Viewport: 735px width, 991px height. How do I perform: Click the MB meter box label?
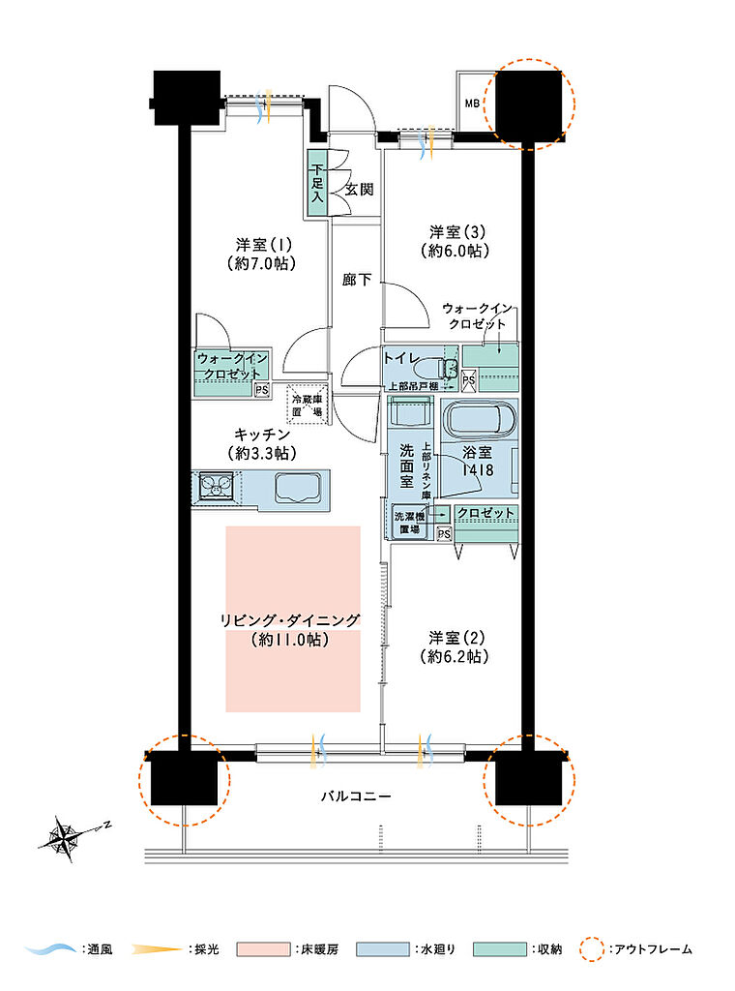tap(472, 103)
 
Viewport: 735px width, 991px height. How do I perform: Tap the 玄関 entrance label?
tap(360, 189)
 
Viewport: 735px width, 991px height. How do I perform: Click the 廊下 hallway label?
tap(357, 280)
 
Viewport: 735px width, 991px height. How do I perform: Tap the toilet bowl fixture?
tap(443, 367)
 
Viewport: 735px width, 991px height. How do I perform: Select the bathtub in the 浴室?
tap(480, 419)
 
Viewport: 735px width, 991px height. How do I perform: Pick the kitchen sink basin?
tap(298, 488)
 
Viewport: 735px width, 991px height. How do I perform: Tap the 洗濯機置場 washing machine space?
tap(410, 523)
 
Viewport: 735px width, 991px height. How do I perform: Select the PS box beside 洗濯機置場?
tap(445, 534)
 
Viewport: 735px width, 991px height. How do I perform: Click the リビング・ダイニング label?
tap(290, 620)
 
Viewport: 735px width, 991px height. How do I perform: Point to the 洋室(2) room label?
tap(456, 638)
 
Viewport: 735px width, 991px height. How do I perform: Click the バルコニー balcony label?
tap(356, 796)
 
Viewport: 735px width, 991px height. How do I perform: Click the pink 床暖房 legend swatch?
tap(263, 949)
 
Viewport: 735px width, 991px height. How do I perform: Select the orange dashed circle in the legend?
tap(592, 949)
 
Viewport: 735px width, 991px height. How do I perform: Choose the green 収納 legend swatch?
tap(500, 949)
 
